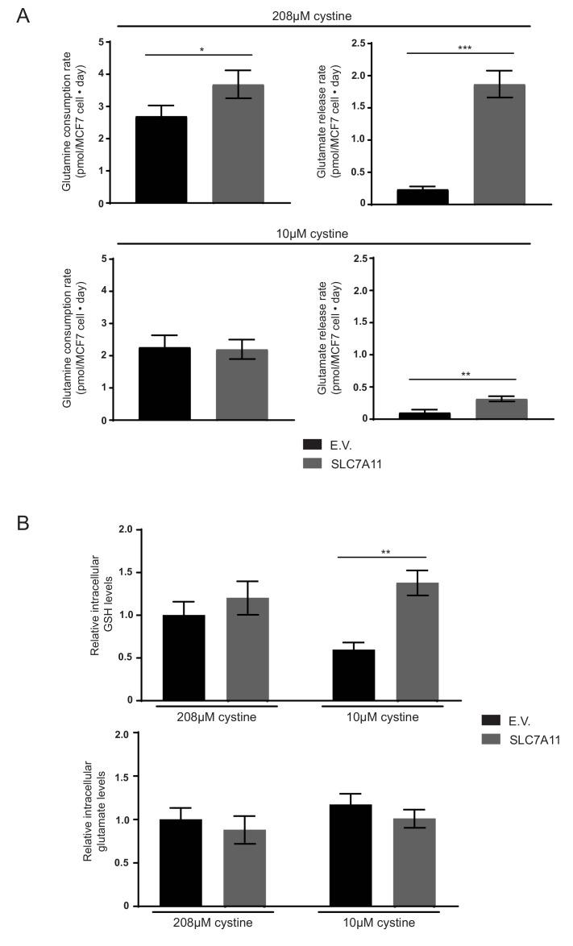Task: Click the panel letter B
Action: tap(24, 523)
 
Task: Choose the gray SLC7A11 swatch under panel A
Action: tap(313, 463)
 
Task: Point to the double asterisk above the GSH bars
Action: tap(385, 552)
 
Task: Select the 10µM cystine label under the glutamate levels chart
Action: tap(380, 922)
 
